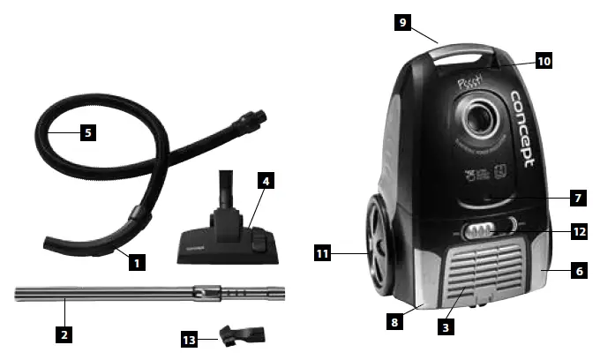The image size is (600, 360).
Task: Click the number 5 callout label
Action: click(86, 133)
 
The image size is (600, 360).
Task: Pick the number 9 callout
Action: click(402, 21)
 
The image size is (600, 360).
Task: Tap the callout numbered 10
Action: click(544, 61)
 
